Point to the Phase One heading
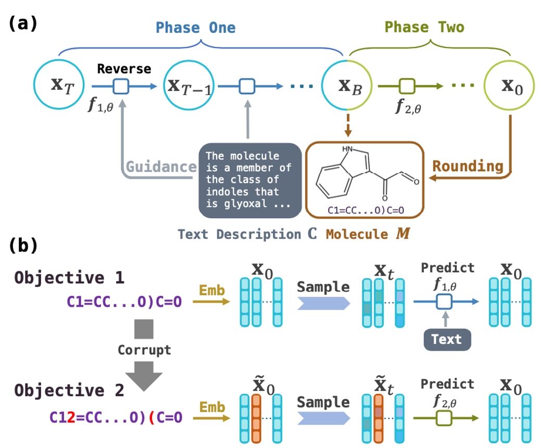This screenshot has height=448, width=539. click(195, 28)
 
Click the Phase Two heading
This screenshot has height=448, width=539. click(424, 28)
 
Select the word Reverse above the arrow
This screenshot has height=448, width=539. click(124, 68)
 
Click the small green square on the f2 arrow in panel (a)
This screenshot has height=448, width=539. click(406, 84)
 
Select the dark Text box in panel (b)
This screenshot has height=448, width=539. click(446, 339)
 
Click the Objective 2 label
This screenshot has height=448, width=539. click(69, 390)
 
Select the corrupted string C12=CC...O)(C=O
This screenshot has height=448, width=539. click(116, 417)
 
